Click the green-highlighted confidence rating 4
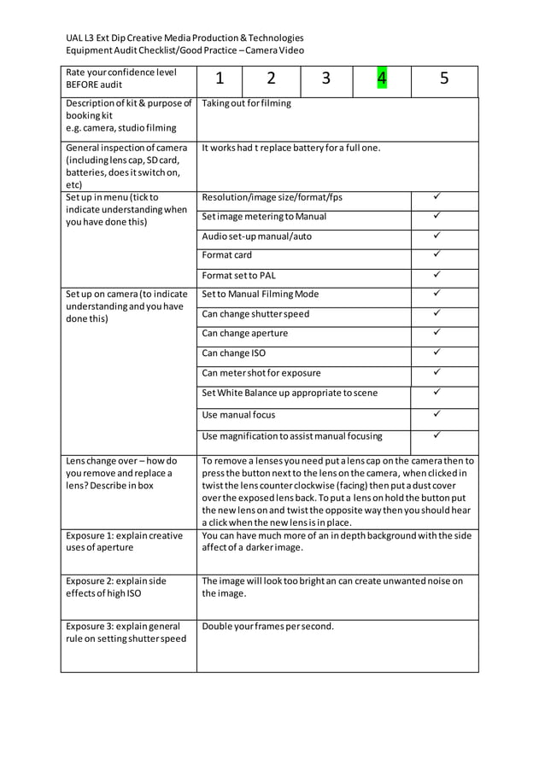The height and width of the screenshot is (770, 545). coord(382,79)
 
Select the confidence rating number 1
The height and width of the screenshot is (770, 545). coord(220,79)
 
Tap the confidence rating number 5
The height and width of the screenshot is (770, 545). coord(444,79)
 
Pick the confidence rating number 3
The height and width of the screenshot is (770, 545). coord(326,79)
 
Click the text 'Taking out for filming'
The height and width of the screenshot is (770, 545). coord(246,103)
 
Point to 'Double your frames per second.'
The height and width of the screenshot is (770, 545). coord(267,626)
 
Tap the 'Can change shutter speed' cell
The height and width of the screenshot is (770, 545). coord(255,313)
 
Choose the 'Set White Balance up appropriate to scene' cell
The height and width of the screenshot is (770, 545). coord(290,393)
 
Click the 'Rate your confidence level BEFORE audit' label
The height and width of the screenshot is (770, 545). coord(120,79)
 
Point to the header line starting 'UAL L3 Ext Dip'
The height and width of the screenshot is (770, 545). coord(185,38)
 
